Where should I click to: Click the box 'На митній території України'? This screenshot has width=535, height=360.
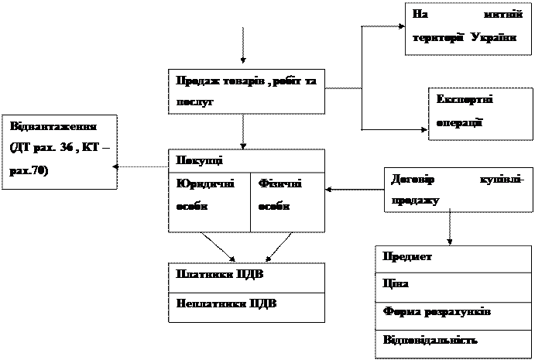(x=467, y=26)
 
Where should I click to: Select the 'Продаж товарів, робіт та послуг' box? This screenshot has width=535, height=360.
(x=247, y=91)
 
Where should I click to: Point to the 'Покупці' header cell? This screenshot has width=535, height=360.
(x=247, y=160)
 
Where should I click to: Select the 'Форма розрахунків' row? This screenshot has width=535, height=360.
(x=454, y=312)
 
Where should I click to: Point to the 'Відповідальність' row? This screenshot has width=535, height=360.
(x=454, y=341)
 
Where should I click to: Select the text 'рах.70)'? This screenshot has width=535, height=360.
(x=28, y=170)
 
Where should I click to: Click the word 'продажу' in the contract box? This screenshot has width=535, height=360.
(x=416, y=201)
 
